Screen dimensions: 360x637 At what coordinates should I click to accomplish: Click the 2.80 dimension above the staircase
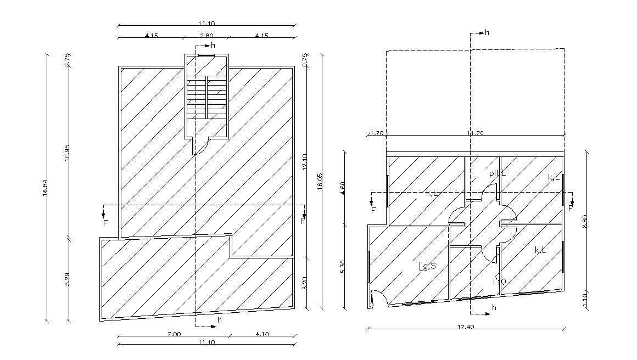206,36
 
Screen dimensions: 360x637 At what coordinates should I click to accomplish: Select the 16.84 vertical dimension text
46,188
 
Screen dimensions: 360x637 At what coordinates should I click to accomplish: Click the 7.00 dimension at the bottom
174,334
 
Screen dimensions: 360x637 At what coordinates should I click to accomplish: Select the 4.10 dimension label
262,334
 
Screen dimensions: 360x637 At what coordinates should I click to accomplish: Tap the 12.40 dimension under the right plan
465,328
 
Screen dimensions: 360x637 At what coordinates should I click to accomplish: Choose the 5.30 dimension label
343,267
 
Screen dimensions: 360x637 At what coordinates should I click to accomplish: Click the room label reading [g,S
427,266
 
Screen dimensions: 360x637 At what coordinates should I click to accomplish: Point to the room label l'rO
499,282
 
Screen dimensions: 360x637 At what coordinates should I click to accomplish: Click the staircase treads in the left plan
206,97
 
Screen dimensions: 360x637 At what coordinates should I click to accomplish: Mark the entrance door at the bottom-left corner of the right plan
378,298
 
